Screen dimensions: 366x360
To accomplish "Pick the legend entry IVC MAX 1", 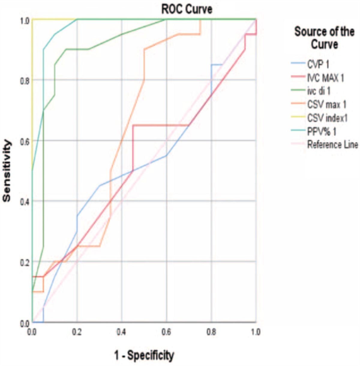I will click(325, 78).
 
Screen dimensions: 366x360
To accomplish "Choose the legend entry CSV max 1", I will click(327, 104).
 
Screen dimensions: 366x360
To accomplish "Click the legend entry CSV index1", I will click(327, 118).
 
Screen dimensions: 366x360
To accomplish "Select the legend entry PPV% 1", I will click(321, 132).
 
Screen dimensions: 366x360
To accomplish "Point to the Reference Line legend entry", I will click(332, 145).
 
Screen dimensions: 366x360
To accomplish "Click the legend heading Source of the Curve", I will click(324, 38).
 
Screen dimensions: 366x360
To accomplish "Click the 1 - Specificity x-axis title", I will click(144, 355).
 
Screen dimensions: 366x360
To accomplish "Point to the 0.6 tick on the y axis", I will click(25, 141).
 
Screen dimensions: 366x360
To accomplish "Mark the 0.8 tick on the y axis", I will click(25, 80).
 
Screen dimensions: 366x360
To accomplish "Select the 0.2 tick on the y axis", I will click(25, 262).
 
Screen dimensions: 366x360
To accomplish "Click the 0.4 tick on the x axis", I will click(121, 331).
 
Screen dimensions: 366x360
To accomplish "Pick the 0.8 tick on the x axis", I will click(211, 331).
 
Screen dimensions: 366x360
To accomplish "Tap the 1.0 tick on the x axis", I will click(256, 331).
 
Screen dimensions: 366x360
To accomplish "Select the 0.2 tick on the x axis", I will click(77, 331).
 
